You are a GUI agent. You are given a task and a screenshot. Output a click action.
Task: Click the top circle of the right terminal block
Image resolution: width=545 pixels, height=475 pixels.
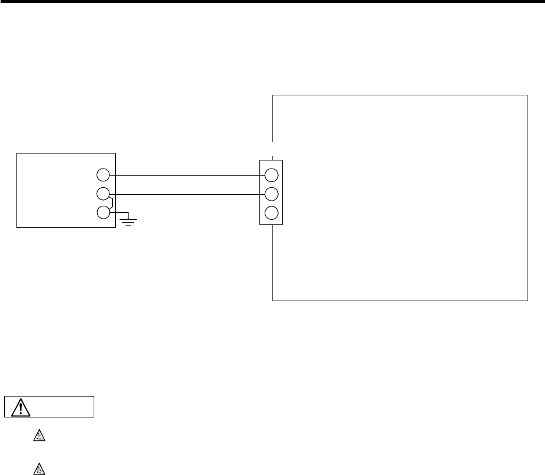(x=270, y=174)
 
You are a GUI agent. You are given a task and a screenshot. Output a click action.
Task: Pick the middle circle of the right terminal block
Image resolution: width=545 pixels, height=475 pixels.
(x=270, y=194)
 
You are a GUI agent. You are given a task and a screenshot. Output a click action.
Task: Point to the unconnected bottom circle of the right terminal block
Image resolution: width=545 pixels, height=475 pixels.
(x=270, y=212)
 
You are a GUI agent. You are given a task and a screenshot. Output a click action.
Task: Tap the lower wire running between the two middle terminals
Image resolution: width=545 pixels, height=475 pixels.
(x=186, y=194)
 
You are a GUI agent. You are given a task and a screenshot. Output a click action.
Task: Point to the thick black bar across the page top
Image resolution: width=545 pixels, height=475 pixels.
(x=272, y=2)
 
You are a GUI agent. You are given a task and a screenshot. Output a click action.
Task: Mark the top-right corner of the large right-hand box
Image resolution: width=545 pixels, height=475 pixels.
(x=528, y=94)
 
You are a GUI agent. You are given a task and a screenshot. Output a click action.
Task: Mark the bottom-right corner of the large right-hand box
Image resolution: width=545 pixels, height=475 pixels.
(x=528, y=301)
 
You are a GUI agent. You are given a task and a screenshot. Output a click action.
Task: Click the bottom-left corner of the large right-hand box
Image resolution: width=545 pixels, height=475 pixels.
(x=273, y=301)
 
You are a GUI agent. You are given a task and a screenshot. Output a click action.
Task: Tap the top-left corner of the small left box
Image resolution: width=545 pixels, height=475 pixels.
(x=17, y=153)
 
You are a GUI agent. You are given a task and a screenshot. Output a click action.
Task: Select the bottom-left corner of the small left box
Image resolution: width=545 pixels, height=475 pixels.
(x=17, y=227)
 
